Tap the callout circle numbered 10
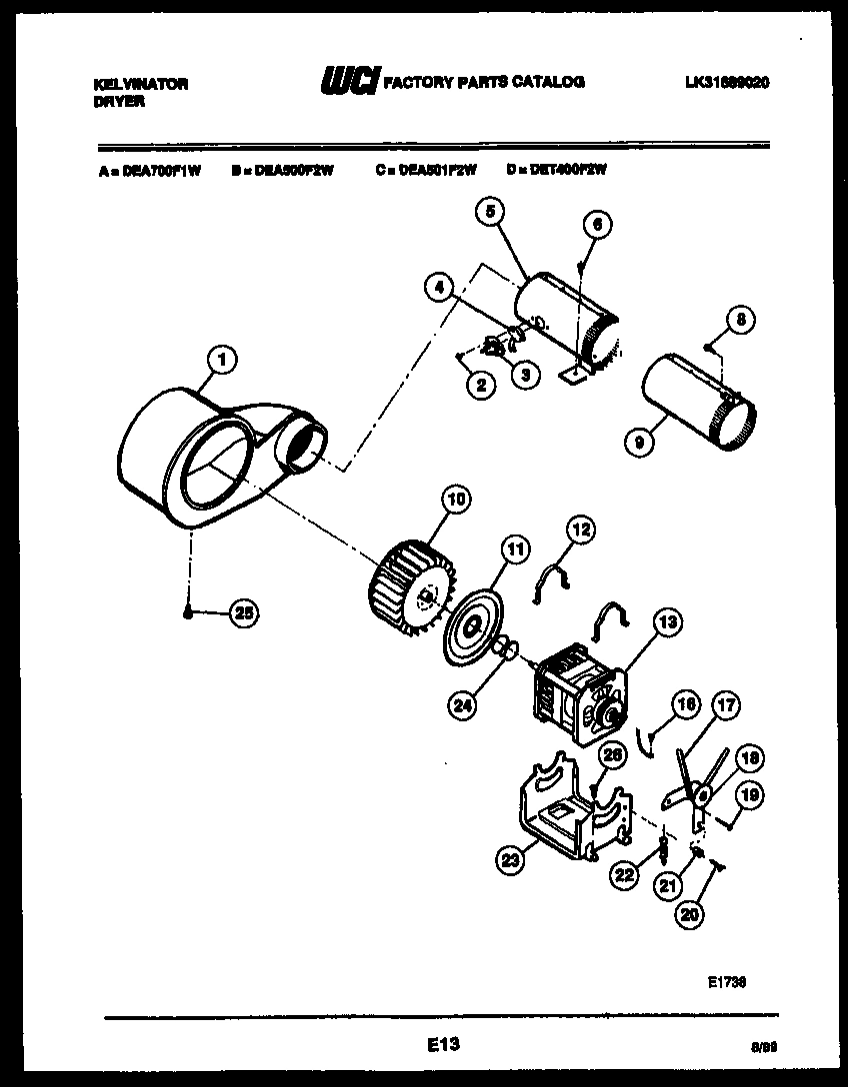[x=456, y=500]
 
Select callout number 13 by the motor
[x=668, y=622]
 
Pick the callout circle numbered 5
[x=491, y=211]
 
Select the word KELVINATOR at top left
[x=135, y=85]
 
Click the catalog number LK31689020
[x=719, y=83]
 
